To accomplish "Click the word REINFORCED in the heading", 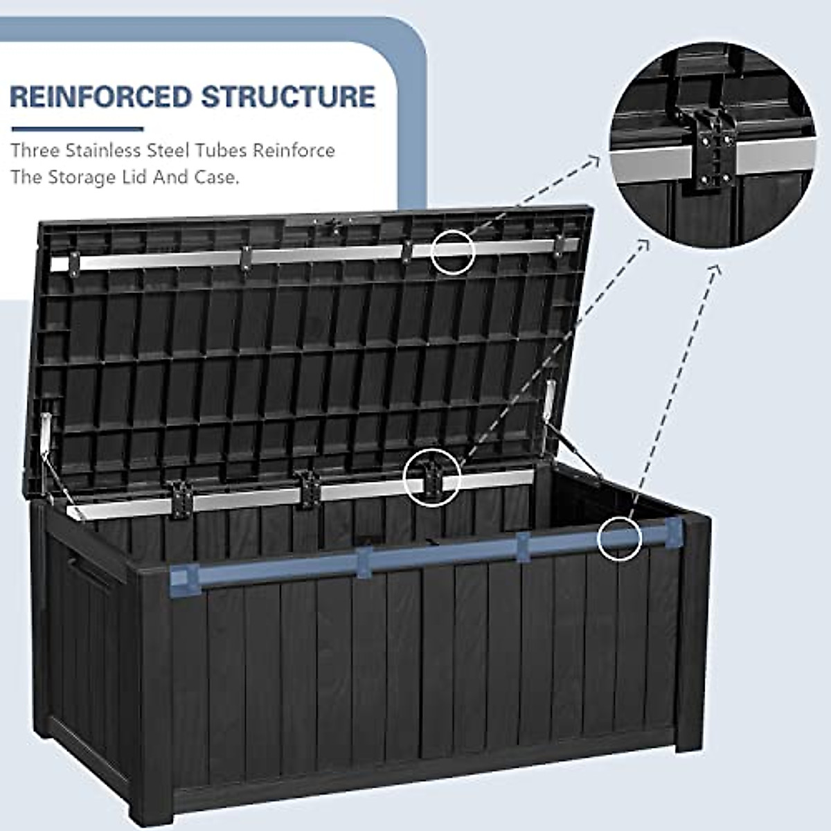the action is [x=101, y=96].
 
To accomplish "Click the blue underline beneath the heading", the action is [x=78, y=129].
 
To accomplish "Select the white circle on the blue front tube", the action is [x=620, y=537].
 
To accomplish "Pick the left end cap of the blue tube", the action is [x=184, y=577].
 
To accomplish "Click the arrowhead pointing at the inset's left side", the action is [x=593, y=161].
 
